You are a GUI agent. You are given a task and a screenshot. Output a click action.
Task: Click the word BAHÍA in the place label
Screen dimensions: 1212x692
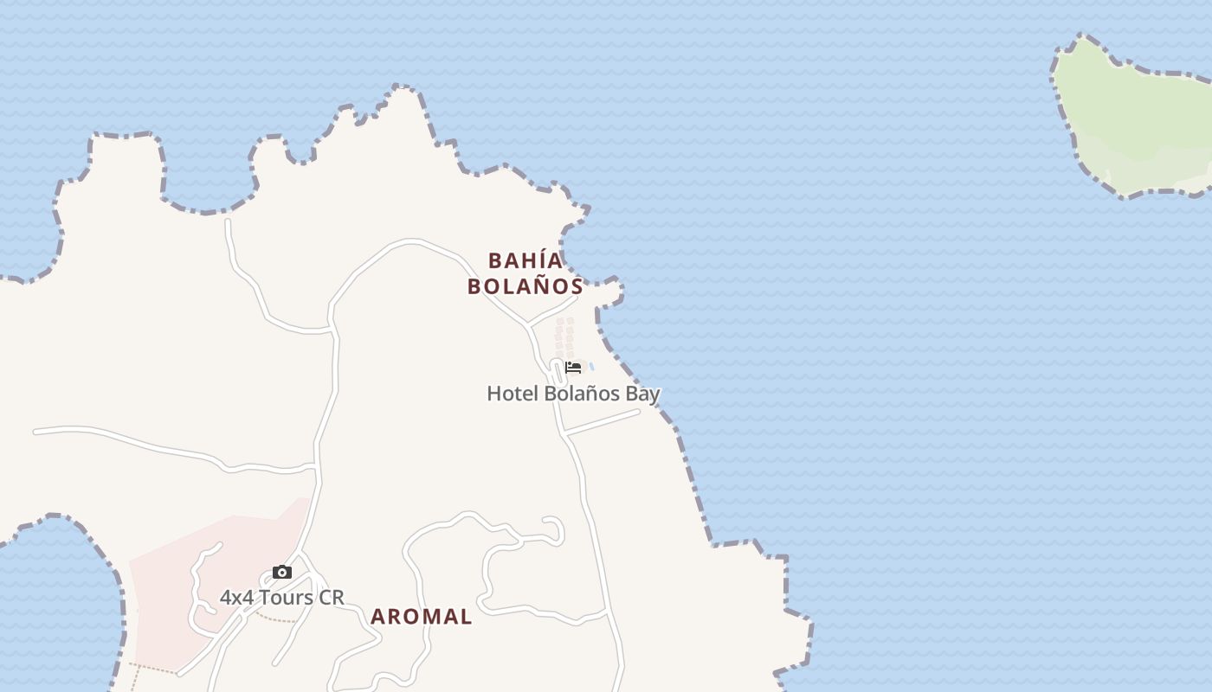click(525, 260)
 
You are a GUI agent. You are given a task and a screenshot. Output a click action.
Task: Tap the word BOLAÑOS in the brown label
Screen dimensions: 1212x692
click(525, 286)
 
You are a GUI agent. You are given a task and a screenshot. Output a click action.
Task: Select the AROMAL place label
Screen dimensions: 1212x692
click(422, 617)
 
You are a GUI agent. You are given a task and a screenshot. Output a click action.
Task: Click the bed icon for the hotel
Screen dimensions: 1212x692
click(572, 368)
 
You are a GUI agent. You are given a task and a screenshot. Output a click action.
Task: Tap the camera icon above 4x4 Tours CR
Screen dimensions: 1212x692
click(281, 572)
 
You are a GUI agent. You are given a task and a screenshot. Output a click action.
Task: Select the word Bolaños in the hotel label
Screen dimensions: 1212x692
click(578, 394)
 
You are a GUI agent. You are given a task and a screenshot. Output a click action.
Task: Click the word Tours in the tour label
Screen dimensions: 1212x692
click(285, 597)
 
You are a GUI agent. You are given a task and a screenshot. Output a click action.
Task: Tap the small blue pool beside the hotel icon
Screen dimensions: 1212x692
click(591, 367)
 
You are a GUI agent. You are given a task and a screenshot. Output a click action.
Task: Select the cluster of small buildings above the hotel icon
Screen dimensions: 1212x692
click(564, 334)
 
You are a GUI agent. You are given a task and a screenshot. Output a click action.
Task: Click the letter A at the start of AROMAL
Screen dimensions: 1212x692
click(377, 617)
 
